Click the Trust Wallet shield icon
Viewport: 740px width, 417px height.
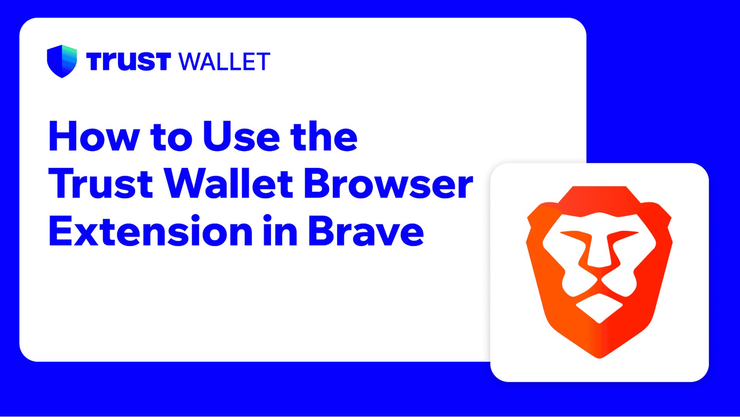click(62, 61)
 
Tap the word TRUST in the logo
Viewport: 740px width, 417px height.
click(128, 61)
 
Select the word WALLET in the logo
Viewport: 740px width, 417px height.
click(225, 62)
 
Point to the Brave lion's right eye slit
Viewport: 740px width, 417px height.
click(623, 235)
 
